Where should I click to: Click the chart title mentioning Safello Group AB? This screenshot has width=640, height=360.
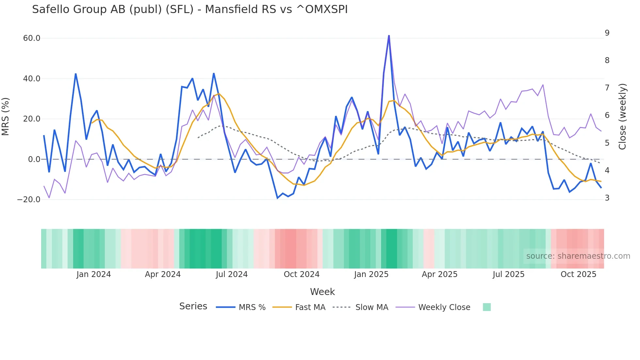190,9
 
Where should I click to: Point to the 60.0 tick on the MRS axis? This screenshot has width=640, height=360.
32,38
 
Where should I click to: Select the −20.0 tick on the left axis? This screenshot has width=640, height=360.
29,199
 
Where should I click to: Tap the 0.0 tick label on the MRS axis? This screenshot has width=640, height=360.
34,159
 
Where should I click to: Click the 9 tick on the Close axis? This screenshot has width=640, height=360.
607,33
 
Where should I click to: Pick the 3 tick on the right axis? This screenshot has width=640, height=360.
607,198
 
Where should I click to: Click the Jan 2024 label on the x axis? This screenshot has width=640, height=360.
94,274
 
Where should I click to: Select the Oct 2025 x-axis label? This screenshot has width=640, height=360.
578,274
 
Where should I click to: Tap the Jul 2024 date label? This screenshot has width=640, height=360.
232,274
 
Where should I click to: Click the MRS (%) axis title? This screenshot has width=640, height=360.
6,116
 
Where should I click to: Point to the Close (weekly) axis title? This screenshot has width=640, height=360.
622,117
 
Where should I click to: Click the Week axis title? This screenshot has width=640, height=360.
322,292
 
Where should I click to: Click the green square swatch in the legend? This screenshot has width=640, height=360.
487,307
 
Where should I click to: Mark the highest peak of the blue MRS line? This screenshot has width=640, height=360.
389,36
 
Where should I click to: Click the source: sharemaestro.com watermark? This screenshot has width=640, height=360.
578,256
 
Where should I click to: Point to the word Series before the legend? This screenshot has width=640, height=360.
193,306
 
